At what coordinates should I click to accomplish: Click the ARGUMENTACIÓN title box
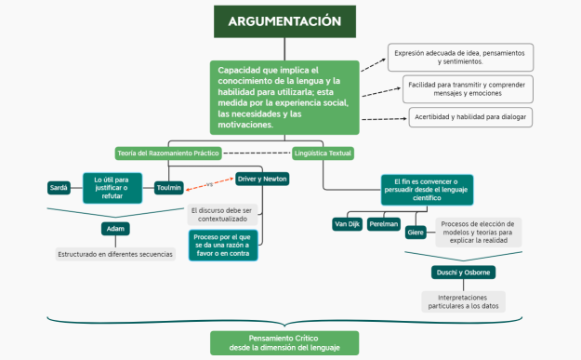pyautogui.click(x=284, y=21)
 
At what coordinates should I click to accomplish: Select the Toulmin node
pyautogui.click(x=169, y=187)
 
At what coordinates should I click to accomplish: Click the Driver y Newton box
pyautogui.click(x=262, y=179)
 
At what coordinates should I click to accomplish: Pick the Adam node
pyautogui.click(x=115, y=229)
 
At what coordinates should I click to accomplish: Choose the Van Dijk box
pyautogui.click(x=346, y=224)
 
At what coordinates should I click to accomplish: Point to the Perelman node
pyautogui.click(x=383, y=224)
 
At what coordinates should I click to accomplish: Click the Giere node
pyautogui.click(x=416, y=233)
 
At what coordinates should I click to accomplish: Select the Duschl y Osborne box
pyautogui.click(x=463, y=273)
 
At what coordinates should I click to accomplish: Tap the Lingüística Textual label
pyautogui.click(x=323, y=153)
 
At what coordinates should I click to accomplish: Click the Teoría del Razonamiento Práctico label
pyautogui.click(x=167, y=153)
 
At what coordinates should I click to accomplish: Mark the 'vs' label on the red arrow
pyautogui.click(x=209, y=183)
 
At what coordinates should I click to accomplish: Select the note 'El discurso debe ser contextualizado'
pyautogui.click(x=221, y=216)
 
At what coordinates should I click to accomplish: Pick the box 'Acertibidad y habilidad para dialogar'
pyautogui.click(x=470, y=116)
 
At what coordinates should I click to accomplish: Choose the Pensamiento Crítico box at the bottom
pyautogui.click(x=284, y=342)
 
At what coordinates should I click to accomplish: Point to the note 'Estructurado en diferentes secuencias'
pyautogui.click(x=115, y=254)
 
